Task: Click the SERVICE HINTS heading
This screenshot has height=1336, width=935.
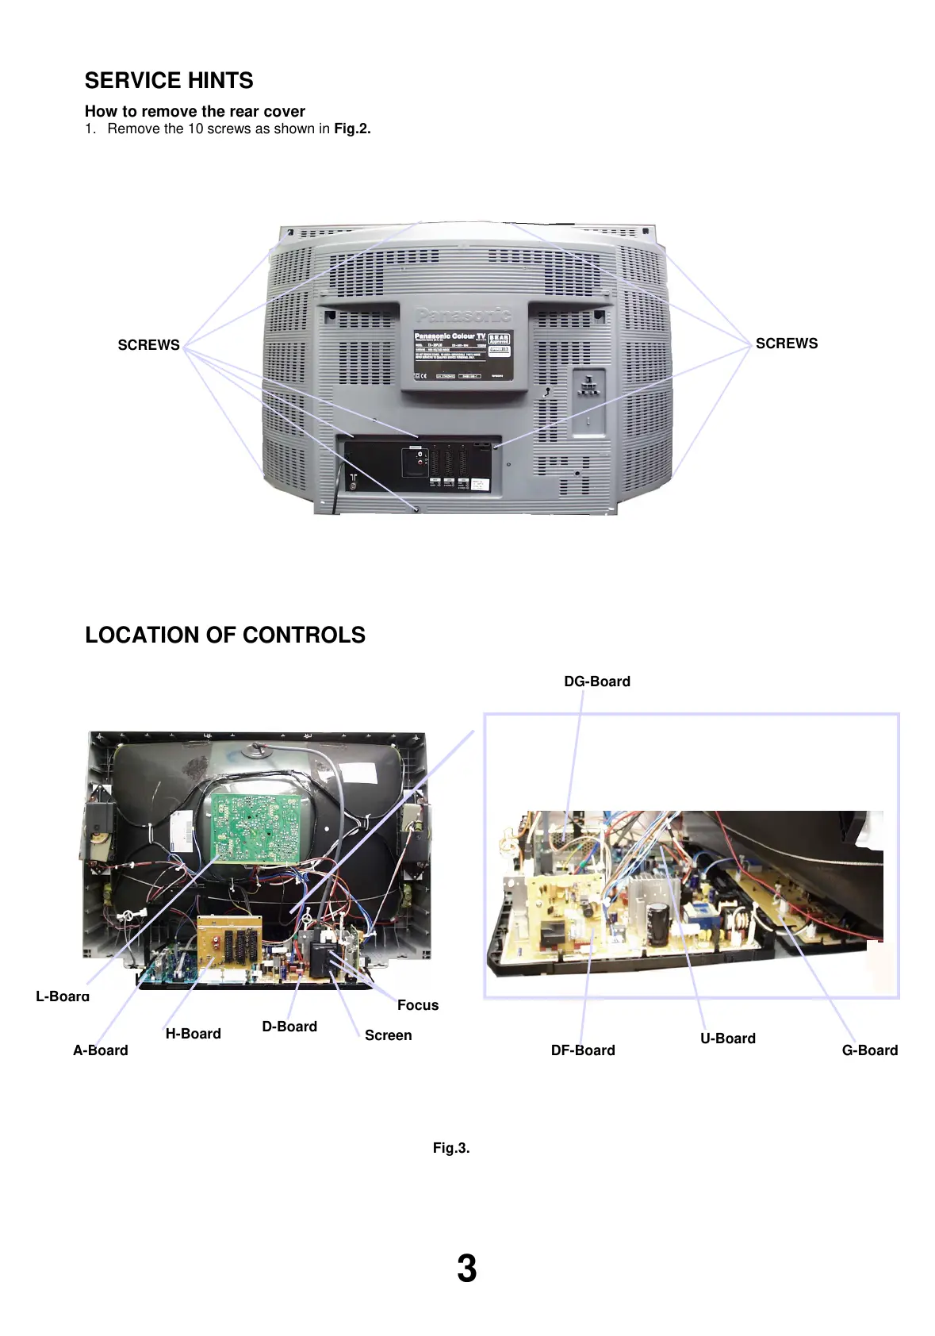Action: tap(169, 81)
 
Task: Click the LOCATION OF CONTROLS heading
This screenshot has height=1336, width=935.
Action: tap(225, 635)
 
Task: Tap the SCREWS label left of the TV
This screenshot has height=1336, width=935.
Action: tap(148, 345)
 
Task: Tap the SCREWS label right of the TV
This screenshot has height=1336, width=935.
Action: tap(786, 344)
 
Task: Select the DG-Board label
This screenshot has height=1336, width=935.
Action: tap(597, 681)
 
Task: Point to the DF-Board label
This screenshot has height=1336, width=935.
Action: tap(583, 1050)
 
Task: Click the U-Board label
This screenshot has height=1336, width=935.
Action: tap(727, 1038)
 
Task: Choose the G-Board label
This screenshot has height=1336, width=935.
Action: tap(869, 1050)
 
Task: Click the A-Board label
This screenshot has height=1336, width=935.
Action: tap(100, 1050)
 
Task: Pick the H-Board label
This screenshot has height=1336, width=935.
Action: tap(193, 1034)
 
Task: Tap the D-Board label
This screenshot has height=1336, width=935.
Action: tap(289, 1027)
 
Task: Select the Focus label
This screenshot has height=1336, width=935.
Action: tap(417, 1005)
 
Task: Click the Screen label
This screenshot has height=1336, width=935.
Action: tap(388, 1035)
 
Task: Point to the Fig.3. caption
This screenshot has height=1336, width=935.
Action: tap(450, 1148)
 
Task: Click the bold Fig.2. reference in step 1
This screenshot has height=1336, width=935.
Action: tap(352, 129)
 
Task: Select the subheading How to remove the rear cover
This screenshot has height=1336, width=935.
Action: tap(194, 111)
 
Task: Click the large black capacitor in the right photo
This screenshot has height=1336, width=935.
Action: tap(657, 923)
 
